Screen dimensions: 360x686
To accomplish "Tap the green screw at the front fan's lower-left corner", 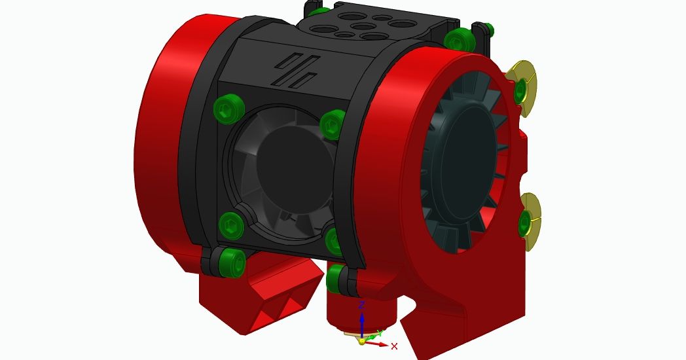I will click(231, 226).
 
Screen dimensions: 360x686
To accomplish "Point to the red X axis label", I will click(394, 346).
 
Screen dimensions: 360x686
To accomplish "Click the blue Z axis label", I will click(361, 304).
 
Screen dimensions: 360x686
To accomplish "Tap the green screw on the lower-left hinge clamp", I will click(232, 262).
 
